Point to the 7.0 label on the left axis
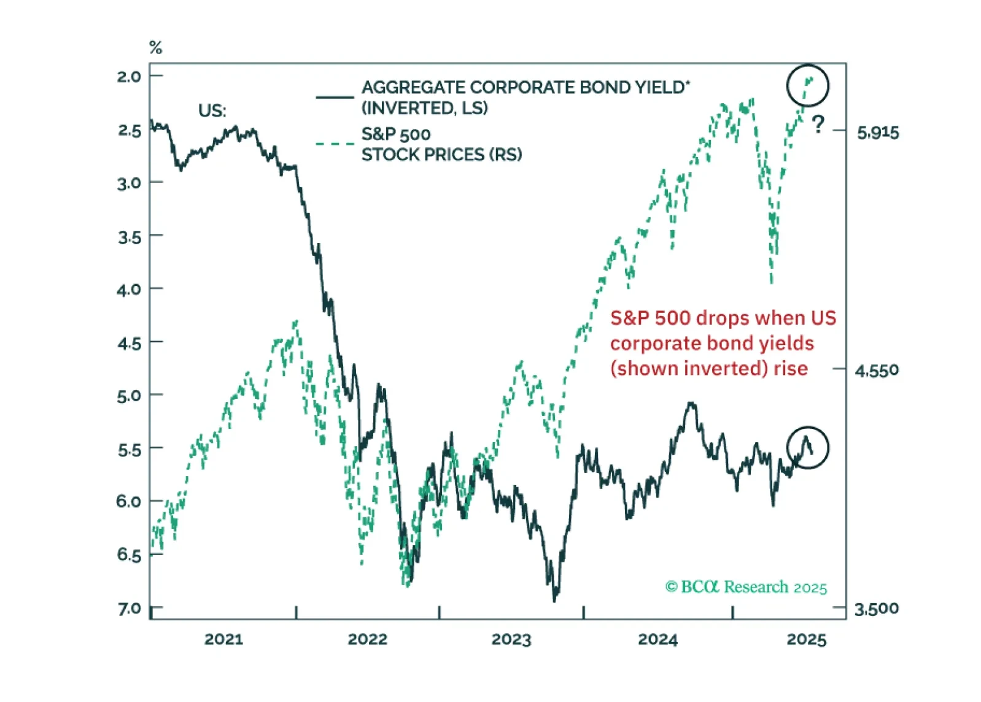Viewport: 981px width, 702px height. [129, 609]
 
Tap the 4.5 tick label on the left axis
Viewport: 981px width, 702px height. [129, 343]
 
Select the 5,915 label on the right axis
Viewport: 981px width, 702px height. [878, 133]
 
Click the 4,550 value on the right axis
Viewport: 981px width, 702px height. [877, 371]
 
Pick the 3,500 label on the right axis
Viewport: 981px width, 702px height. [877, 609]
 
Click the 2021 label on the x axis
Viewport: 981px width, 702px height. [223, 639]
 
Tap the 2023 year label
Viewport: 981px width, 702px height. [511, 639]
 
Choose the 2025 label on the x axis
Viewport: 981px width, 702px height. [807, 639]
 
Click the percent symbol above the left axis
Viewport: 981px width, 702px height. [156, 47]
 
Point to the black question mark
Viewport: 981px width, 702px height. [818, 125]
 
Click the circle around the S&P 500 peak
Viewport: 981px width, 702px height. [808, 85]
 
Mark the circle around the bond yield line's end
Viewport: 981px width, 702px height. [808, 447]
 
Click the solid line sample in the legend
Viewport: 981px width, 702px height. [335, 97]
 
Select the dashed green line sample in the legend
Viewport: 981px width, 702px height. [335, 144]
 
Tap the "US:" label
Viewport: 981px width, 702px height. [212, 111]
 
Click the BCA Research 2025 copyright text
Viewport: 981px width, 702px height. [746, 587]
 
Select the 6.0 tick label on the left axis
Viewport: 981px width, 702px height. [129, 501]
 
